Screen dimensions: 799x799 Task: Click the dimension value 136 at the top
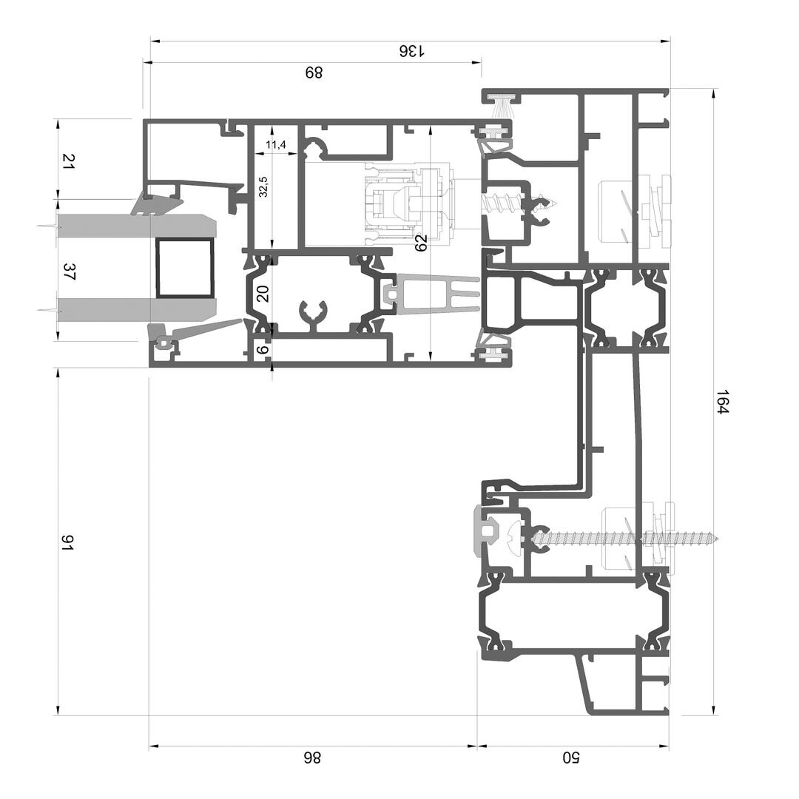411,51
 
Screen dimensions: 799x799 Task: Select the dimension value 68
314,73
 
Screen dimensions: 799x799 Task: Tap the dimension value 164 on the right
723,402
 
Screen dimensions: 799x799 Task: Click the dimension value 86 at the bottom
312,758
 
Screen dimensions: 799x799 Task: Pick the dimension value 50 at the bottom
570,758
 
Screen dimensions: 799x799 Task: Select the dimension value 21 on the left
69,161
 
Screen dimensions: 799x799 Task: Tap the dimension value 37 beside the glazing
69,272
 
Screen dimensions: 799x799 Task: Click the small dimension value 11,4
276,145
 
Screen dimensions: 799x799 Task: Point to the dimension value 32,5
263,187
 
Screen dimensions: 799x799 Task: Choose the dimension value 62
421,243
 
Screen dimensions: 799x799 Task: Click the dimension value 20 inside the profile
263,294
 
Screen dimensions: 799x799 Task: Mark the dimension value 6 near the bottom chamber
263,349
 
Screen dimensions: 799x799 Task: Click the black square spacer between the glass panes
184,268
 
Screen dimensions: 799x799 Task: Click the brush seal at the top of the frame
502,106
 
